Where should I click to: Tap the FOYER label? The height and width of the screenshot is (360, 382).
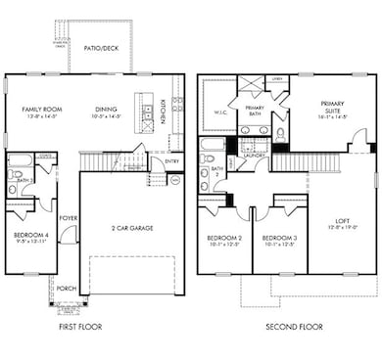(x=69, y=218)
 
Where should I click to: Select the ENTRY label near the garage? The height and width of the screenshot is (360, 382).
(x=173, y=161)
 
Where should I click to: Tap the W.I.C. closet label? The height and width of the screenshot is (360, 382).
(x=215, y=122)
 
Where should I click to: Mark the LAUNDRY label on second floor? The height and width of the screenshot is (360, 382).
(x=260, y=155)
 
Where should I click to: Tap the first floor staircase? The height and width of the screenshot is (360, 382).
(x=112, y=159)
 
